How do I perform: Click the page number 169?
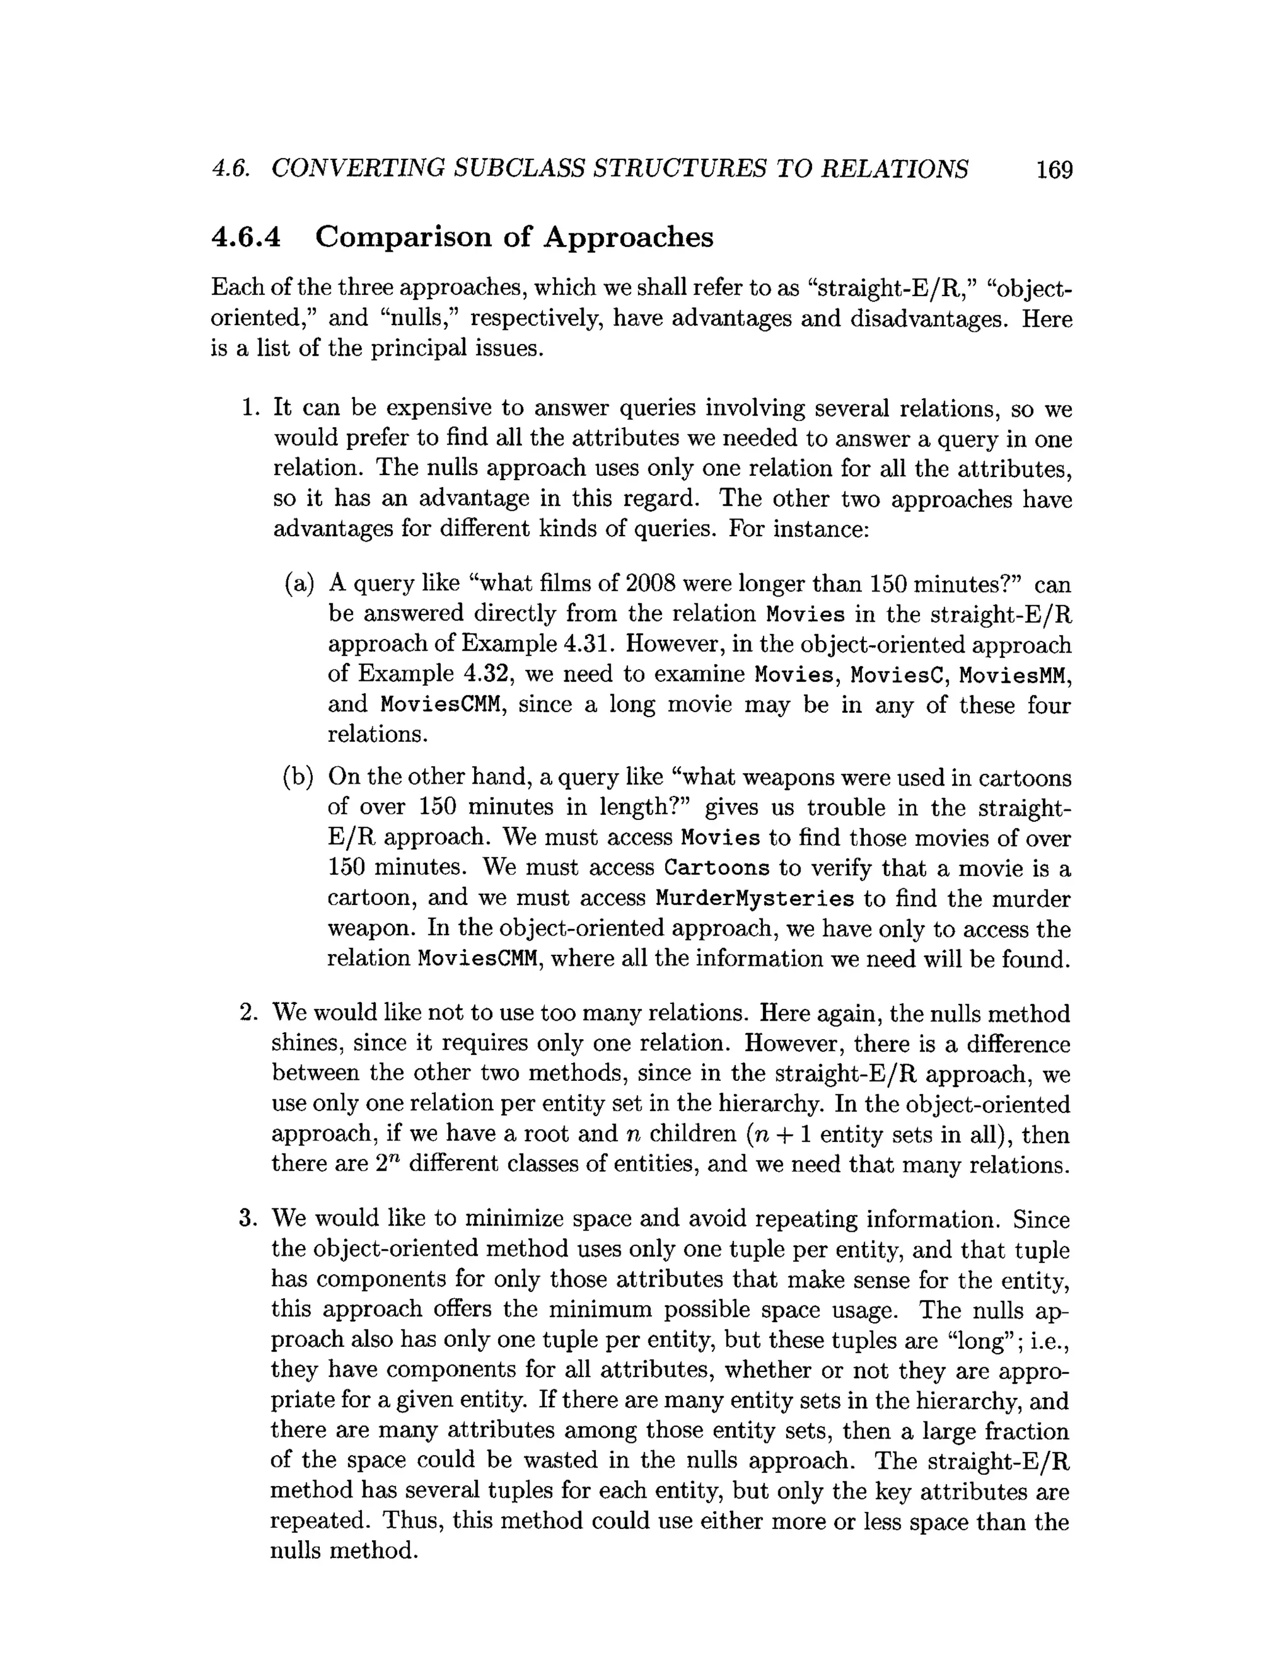click(x=1054, y=170)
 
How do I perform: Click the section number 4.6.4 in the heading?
click(x=246, y=237)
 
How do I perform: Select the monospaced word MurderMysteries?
click(x=754, y=899)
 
